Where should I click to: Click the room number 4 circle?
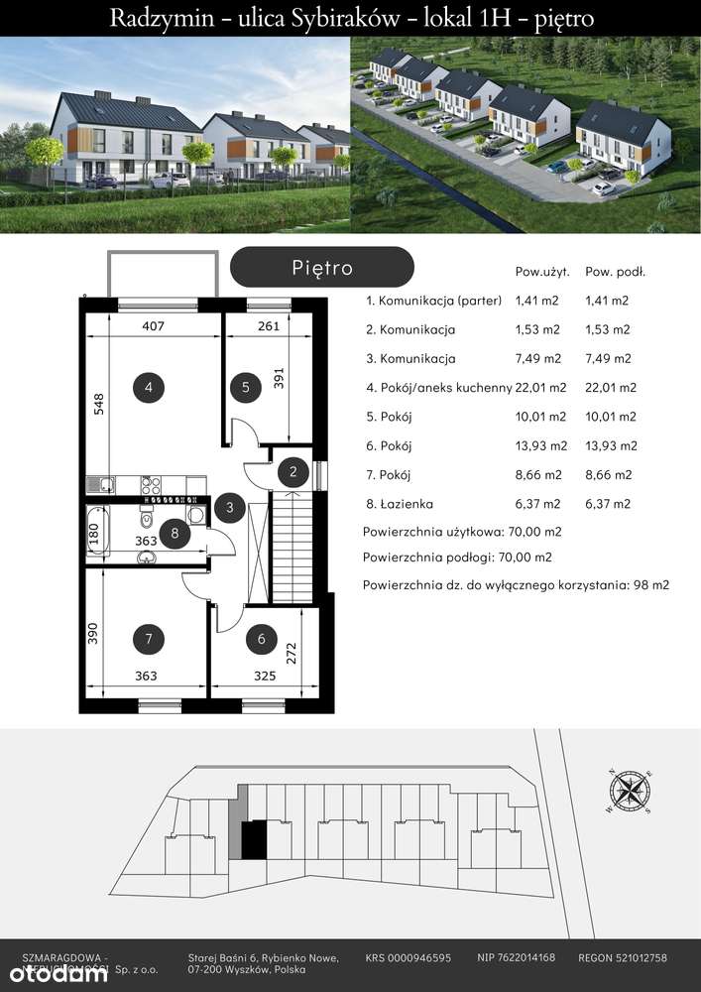(x=148, y=388)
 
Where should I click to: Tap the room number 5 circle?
(x=245, y=388)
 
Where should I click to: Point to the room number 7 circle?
(x=148, y=640)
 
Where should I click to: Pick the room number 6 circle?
(x=261, y=640)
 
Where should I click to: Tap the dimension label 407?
(x=152, y=325)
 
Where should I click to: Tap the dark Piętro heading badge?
(x=321, y=268)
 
